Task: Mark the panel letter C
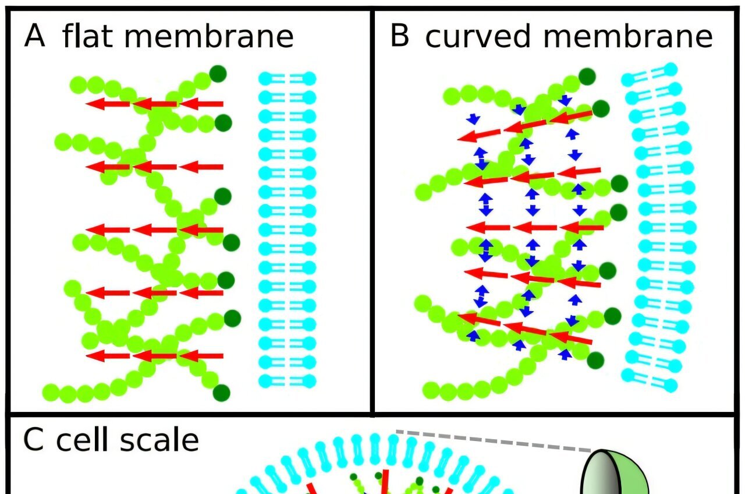[x=34, y=440]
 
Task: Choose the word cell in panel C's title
[x=81, y=440]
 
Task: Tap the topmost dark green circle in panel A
[x=218, y=74]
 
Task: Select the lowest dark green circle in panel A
[x=222, y=393]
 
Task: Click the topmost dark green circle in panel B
[x=587, y=76]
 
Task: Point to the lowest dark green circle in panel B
[x=595, y=361]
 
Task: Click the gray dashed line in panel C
[x=495, y=442]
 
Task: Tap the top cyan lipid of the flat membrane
[x=287, y=78]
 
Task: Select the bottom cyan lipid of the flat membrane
[x=287, y=381]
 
